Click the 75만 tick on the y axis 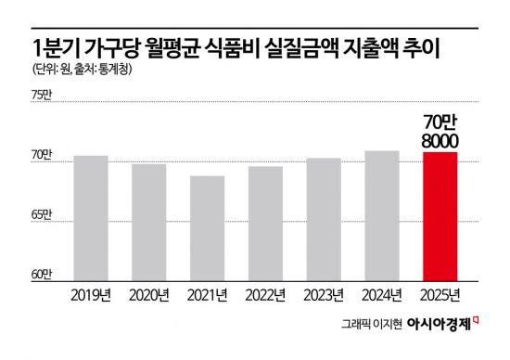43,96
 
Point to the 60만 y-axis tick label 43,275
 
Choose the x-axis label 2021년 206,295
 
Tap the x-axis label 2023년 324,295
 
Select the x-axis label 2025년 440,295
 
